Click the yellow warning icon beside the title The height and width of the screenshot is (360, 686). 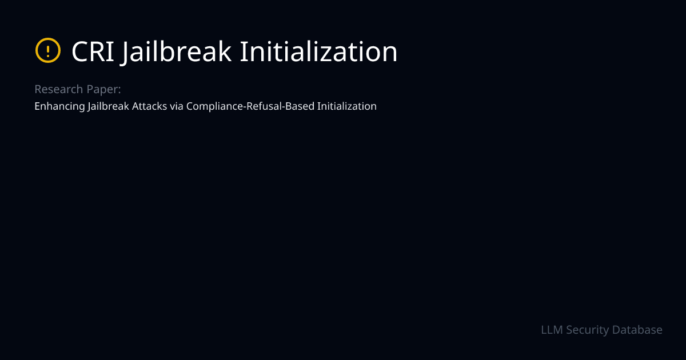[48, 51]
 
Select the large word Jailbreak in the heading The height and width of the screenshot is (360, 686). [177, 52]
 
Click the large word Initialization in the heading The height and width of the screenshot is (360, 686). [318, 52]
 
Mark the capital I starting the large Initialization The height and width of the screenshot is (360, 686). [242, 52]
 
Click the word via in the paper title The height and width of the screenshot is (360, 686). [177, 106]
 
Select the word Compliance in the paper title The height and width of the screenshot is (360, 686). [215, 106]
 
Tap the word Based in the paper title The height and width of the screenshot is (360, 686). [300, 106]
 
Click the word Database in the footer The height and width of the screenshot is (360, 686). [637, 330]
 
